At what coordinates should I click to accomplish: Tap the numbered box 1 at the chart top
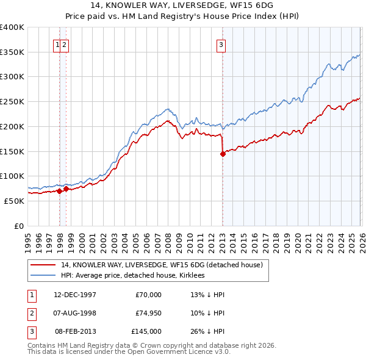coord(57,44)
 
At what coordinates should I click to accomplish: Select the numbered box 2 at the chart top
coord(65,44)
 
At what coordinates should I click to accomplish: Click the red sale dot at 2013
coord(223,154)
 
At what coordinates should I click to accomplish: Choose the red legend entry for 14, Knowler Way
coord(162,265)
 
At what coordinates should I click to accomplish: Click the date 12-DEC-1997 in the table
coord(74,295)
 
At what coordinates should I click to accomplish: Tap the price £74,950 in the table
coord(148,313)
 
